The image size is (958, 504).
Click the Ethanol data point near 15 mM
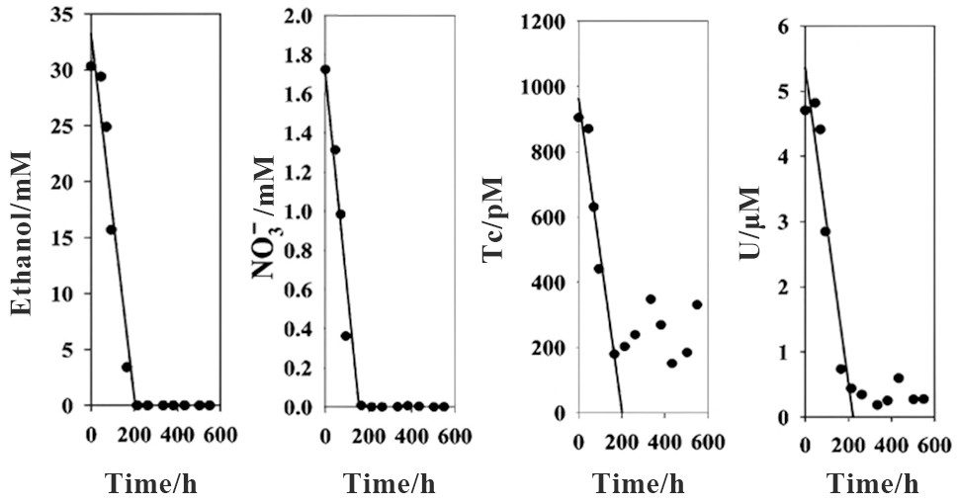point(112,230)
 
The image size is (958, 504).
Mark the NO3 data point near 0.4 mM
point(346,336)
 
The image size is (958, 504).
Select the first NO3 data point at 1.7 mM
point(325,70)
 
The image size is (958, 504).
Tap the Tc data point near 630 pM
point(593,207)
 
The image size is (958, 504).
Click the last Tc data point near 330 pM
point(697,304)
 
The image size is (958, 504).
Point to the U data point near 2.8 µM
point(826,231)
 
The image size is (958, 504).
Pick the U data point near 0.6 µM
point(899,378)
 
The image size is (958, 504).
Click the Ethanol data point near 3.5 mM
point(127,367)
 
